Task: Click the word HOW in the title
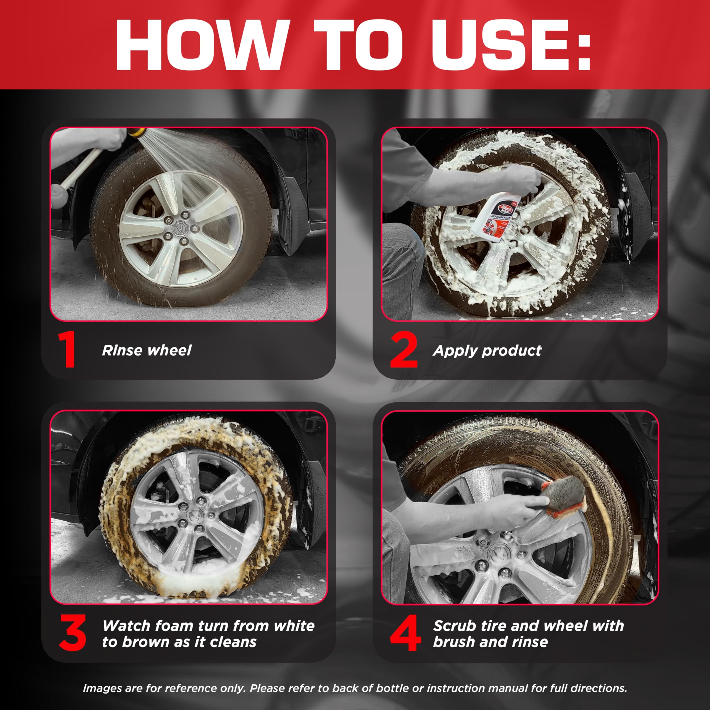[200, 45]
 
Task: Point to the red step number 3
[73, 633]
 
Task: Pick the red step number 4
[405, 633]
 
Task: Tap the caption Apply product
[487, 351]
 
